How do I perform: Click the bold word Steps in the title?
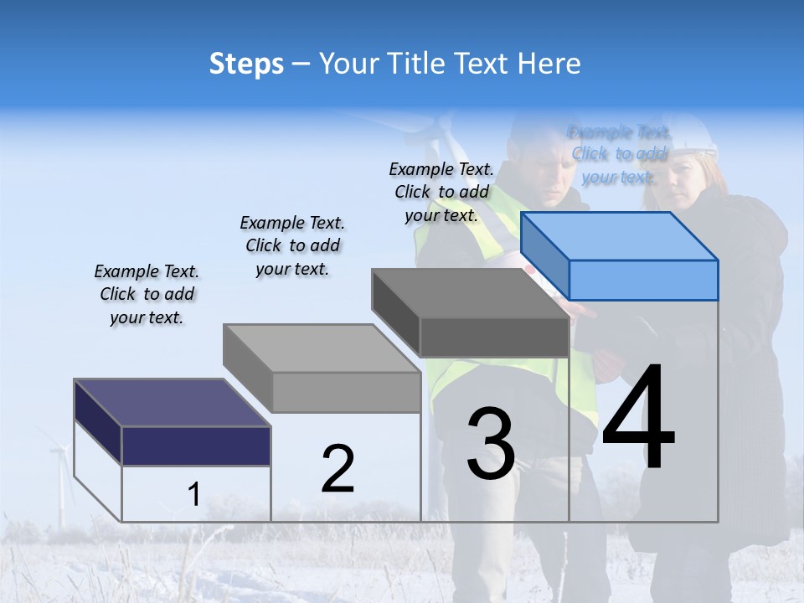point(246,64)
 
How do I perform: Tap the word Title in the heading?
point(416,64)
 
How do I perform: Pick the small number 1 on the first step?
point(193,494)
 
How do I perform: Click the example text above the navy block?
point(147,294)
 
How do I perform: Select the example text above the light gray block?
point(292,245)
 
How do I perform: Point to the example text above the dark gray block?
point(441,192)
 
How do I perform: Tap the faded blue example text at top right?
point(619,154)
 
